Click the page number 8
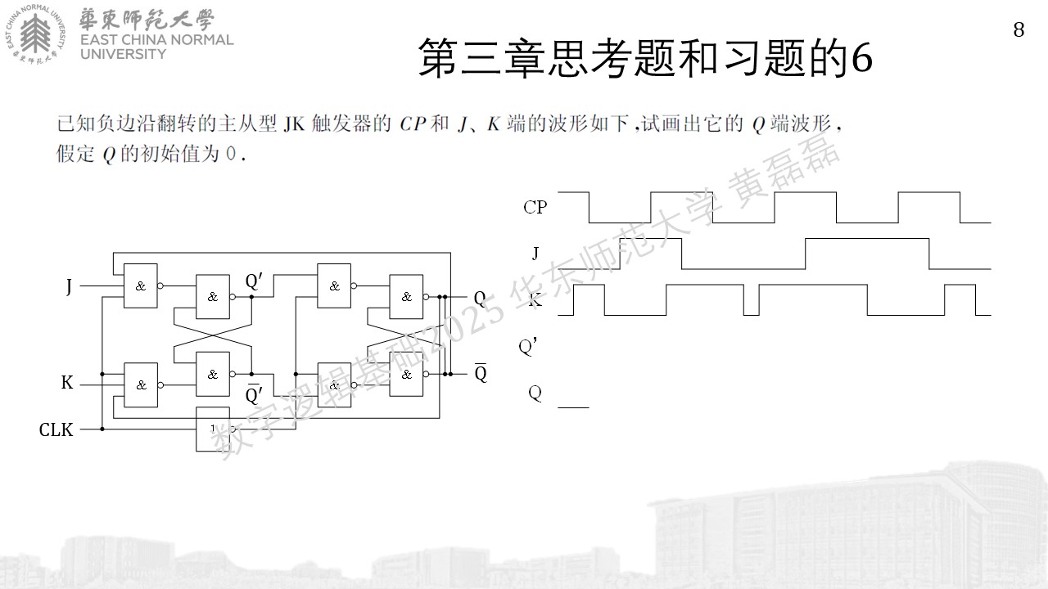1019,30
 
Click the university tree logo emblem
35,34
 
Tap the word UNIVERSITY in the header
123,54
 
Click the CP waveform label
535,207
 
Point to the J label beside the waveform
535,254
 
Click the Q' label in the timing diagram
527,347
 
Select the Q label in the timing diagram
535,393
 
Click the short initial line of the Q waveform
573,407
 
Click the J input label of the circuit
69,286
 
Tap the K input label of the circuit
67,382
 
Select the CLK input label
56,429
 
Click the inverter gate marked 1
213,429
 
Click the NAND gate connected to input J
140,286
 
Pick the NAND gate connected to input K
140,384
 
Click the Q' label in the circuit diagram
254,281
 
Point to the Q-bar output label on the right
481,372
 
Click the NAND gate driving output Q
406,297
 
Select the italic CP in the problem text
413,124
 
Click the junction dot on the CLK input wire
102,429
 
